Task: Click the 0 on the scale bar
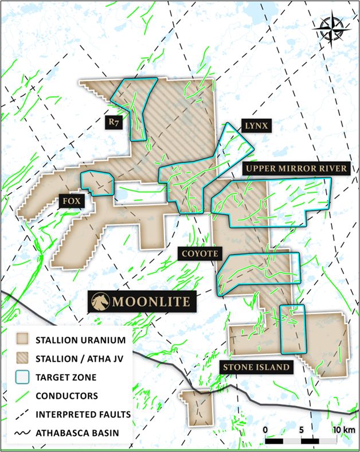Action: pyautogui.click(x=266, y=430)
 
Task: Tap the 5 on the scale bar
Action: pyautogui.click(x=302, y=430)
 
